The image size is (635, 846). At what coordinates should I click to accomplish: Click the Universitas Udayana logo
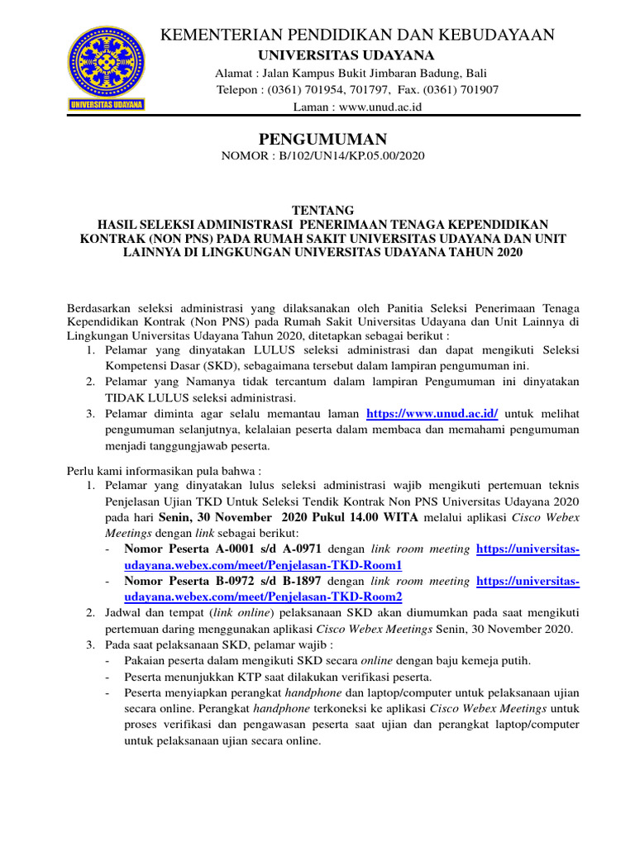point(107,69)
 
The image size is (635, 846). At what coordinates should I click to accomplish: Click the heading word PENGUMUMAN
point(317,138)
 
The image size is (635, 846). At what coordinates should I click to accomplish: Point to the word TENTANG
point(317,211)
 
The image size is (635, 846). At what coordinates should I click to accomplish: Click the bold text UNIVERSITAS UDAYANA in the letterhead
point(346,55)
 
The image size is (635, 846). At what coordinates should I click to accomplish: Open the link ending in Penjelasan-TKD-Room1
point(263,565)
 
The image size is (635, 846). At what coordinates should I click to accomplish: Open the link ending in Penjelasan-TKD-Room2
point(263,597)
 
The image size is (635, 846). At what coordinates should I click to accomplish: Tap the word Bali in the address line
point(476,72)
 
